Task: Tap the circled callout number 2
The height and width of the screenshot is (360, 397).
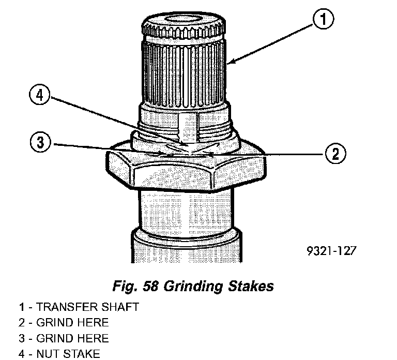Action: [334, 153]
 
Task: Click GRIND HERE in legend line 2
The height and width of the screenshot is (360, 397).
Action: [72, 323]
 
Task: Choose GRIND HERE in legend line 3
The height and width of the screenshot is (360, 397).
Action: [72, 339]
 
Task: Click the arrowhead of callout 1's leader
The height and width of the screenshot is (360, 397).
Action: [229, 64]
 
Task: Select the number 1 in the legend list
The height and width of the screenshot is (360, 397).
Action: [22, 307]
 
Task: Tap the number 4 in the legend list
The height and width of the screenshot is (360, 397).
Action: [22, 354]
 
